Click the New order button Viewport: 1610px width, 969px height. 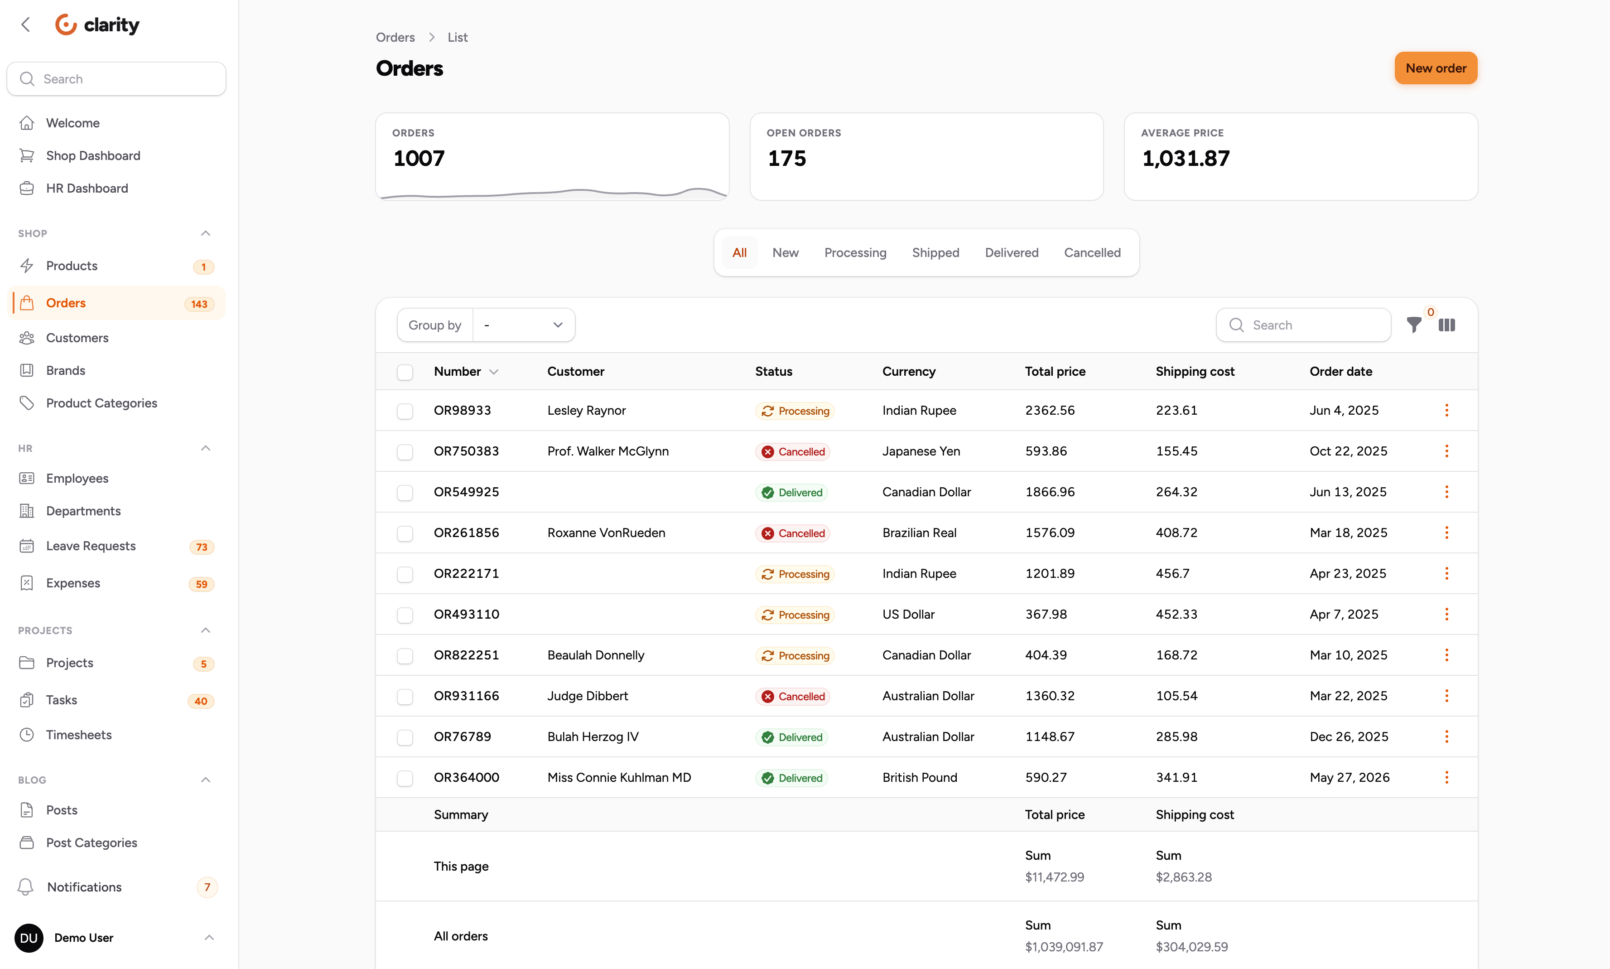(x=1435, y=68)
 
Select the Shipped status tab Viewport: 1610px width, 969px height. (x=935, y=253)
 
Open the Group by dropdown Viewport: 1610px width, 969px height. (x=523, y=325)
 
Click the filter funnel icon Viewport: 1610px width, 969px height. (x=1413, y=325)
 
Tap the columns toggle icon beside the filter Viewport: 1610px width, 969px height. (x=1446, y=325)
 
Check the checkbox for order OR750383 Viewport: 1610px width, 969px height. (x=405, y=452)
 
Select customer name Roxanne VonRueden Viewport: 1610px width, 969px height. (x=606, y=533)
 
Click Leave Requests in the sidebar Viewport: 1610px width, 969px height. (x=91, y=546)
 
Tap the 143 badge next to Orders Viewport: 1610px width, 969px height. (x=199, y=304)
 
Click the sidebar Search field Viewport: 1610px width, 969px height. (x=116, y=79)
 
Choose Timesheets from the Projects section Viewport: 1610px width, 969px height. (x=78, y=735)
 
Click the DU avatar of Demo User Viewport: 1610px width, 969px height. (x=29, y=938)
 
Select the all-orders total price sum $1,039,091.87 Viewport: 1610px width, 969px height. (x=1063, y=947)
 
